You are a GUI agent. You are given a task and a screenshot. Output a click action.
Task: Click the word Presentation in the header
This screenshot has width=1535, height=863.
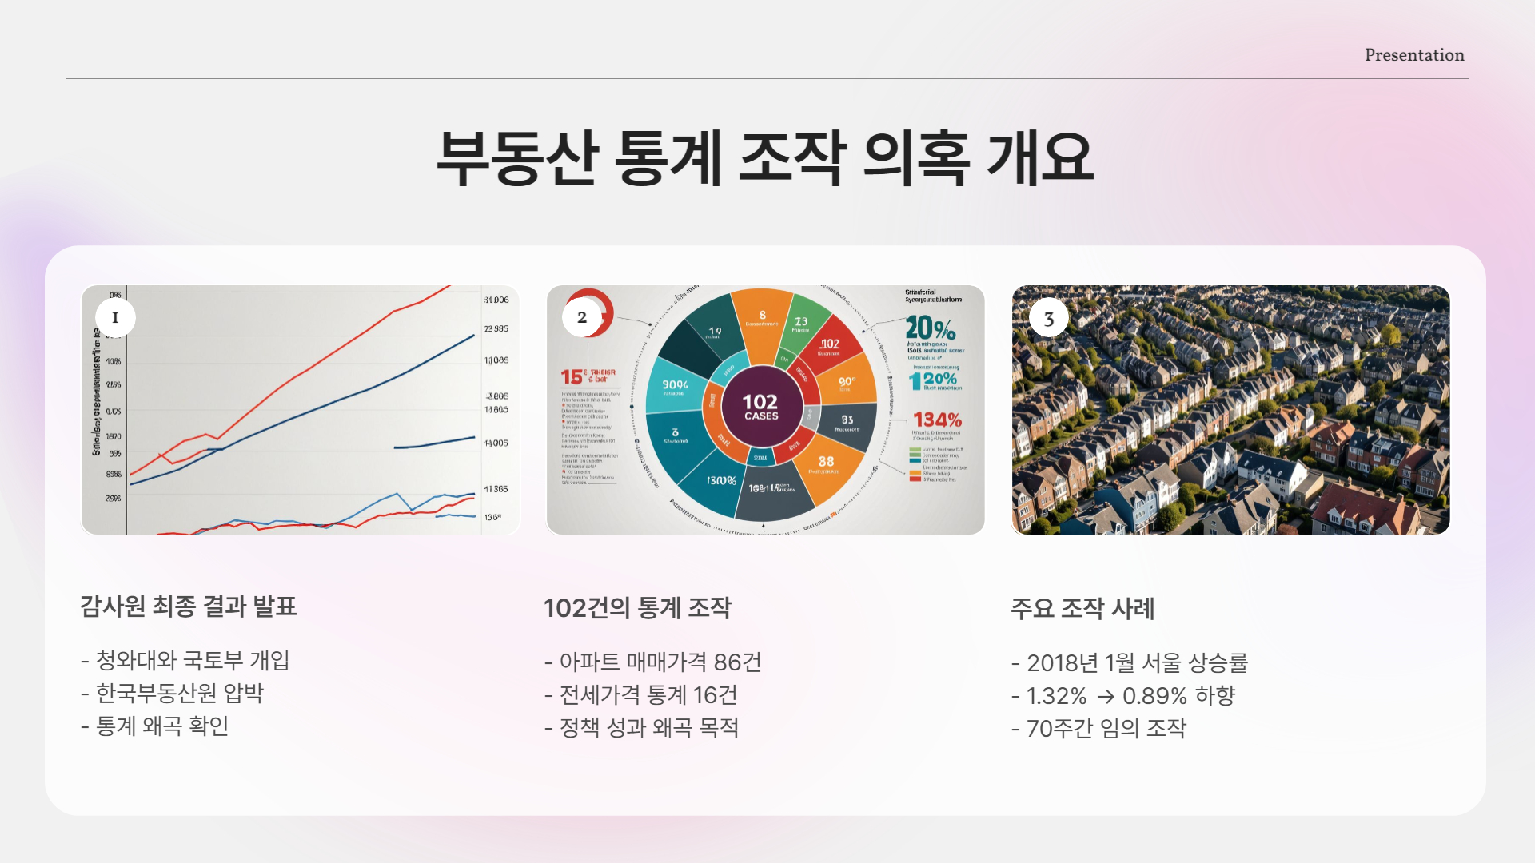pos(1414,55)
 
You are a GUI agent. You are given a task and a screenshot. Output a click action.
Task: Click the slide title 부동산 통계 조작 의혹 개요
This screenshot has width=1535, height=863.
pos(765,157)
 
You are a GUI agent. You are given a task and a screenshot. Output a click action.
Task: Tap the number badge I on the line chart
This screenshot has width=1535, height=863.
pos(115,317)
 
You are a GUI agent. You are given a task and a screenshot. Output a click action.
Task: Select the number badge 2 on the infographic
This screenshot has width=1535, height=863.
pos(582,317)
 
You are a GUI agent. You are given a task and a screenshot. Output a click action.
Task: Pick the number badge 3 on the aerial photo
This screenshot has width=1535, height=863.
pos(1049,319)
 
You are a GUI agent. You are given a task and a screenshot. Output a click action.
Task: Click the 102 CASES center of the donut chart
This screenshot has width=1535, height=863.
pos(760,407)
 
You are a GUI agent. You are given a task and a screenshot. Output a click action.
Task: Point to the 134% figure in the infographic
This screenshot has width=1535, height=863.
pos(937,420)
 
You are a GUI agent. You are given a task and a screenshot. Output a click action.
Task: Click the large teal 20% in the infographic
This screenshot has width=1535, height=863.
pos(931,328)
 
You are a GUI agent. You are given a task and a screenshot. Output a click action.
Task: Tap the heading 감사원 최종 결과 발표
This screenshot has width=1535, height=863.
pos(189,606)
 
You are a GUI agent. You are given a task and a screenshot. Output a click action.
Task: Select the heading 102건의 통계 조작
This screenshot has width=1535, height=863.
pos(637,608)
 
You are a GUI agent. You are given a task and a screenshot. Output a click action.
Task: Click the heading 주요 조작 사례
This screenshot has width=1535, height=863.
pos(1082,609)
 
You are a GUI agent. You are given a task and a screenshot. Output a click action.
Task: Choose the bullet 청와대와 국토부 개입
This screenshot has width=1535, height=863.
pos(192,660)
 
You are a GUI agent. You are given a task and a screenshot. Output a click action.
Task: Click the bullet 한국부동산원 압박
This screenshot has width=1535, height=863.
pos(179,693)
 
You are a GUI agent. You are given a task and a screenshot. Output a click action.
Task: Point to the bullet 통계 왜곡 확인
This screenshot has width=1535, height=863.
pos(162,726)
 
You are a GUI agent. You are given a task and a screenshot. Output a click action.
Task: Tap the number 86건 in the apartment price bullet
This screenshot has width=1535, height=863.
pos(737,662)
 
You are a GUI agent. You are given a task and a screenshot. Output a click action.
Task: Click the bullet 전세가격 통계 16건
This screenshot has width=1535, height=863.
pos(648,695)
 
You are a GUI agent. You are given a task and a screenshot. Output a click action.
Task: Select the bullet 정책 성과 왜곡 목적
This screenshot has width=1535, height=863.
pos(648,728)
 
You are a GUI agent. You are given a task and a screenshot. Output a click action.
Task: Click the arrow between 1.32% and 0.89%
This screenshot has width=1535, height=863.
pos(1106,697)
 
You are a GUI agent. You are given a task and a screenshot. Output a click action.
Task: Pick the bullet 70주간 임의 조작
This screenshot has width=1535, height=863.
pos(1106,729)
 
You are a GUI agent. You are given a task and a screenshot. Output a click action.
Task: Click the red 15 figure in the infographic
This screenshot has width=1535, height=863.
pos(572,376)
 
